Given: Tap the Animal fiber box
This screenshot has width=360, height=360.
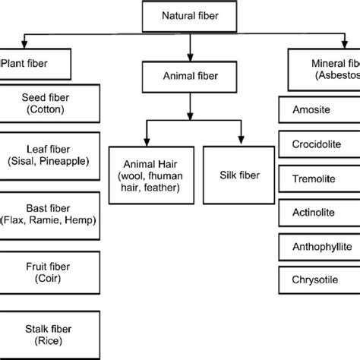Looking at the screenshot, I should point(188,76).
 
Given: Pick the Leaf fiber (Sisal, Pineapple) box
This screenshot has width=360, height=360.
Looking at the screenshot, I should point(49,155).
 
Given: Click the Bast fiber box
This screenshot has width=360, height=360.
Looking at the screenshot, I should point(49,211).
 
